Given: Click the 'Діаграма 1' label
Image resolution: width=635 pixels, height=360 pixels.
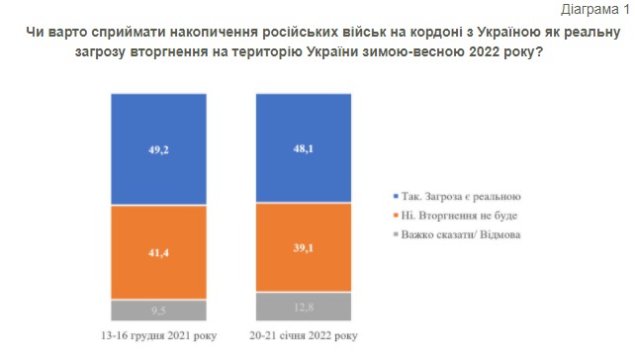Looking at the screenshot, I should point(594,10).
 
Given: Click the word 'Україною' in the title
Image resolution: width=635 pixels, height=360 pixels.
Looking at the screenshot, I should point(446,34).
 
